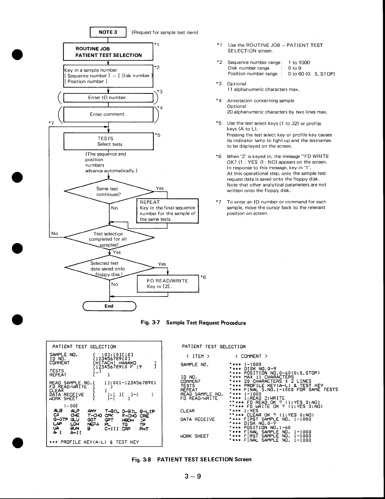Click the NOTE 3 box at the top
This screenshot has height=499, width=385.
coord(108,32)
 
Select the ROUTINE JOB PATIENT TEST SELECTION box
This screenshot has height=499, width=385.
coord(108,52)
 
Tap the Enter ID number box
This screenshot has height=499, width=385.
coord(108,97)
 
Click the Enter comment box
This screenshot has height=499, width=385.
coord(108,114)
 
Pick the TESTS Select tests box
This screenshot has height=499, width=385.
coord(109,141)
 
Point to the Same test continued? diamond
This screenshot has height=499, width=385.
coord(109,191)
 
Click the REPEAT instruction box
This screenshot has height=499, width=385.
coord(168,211)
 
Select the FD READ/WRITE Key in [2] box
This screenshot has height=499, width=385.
coord(168,284)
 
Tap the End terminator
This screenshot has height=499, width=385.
coord(109,306)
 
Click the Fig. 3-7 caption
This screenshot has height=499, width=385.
coord(193,323)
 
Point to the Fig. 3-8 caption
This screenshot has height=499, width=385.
coord(192,459)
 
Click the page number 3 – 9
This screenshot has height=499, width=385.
coord(193,476)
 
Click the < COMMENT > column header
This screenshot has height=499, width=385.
coord(251,356)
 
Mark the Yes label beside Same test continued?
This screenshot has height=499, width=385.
coord(160,188)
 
